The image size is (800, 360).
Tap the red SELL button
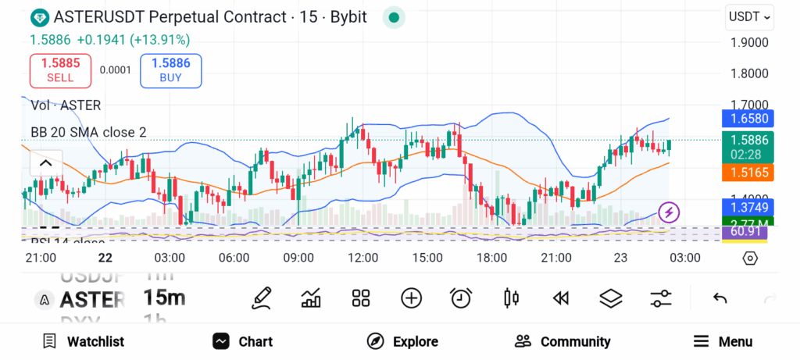pos(60,70)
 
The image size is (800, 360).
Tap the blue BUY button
pos(170,70)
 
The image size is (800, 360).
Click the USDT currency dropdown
pos(749,16)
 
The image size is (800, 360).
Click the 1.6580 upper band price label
pos(748,119)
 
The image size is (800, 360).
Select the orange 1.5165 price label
pos(748,171)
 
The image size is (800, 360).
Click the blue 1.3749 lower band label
pos(748,208)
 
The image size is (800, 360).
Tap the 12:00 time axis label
pos(362,258)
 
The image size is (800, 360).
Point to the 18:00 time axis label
pos(492,258)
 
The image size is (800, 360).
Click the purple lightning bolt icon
pos(669,211)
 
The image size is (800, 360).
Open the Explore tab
pos(403,341)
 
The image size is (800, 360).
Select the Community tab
pos(562,341)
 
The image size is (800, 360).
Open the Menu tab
pos(723,341)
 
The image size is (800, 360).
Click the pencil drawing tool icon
pos(262,298)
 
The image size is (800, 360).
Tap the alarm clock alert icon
pos(461,298)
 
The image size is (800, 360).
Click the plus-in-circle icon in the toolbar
pos(411,298)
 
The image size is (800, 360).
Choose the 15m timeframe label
pos(164,298)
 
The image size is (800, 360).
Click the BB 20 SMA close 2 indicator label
pos(88,132)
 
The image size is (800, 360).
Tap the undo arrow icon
pos(720,298)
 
